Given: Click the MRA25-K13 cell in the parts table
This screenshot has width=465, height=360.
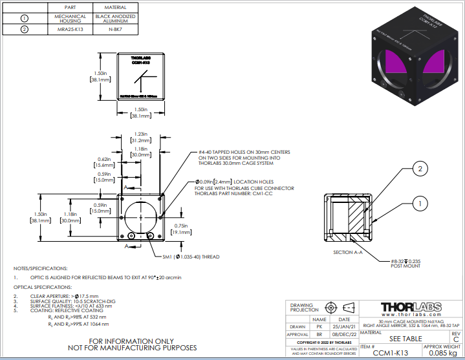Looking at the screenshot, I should point(70,28).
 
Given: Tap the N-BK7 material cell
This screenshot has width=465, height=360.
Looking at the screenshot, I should point(115,28).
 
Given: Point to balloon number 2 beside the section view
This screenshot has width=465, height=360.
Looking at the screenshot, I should point(419,169).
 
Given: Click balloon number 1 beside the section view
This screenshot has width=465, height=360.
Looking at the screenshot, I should point(419,203).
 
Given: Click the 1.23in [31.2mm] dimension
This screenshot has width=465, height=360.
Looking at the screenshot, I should point(136,136).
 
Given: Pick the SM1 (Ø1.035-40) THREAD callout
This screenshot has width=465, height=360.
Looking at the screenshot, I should point(192,257).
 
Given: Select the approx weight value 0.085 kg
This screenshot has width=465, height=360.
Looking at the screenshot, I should point(443,353).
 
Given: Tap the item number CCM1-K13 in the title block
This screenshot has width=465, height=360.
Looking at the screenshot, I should point(390,353).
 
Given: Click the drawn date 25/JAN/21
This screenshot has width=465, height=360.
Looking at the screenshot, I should point(344,327).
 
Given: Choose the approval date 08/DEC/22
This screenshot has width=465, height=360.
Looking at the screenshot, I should point(344,335).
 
